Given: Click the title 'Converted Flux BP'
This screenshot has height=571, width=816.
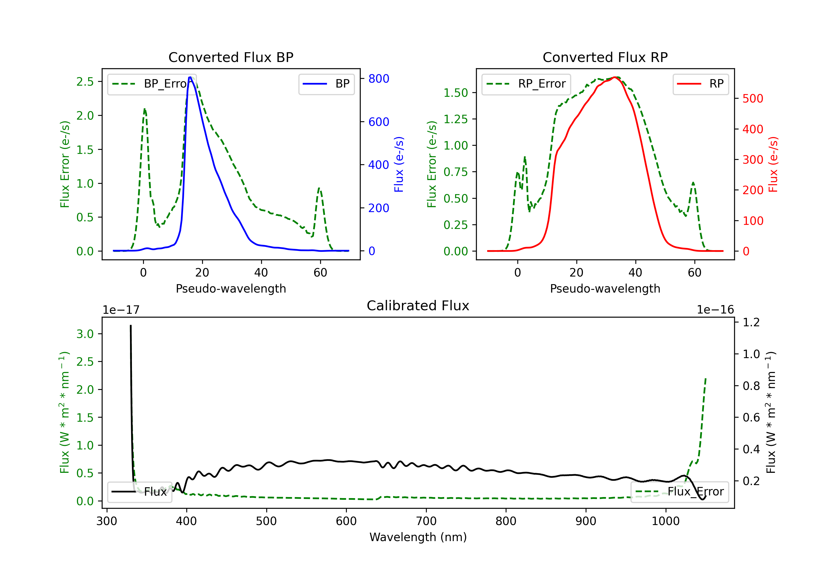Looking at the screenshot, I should pos(231,57).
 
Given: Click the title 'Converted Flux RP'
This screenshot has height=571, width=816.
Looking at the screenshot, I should pos(605,57).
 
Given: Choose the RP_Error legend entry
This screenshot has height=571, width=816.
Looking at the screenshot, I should pos(526,84).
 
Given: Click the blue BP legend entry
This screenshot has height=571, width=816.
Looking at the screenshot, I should pos(326,84).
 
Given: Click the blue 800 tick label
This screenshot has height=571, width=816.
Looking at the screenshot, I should pos(379,79).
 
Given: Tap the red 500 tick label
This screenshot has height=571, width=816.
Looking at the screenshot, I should pos(752,98).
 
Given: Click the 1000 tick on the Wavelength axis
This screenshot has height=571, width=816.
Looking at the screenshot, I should pos(665,521).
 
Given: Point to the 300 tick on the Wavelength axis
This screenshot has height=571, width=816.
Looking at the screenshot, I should pos(107,521).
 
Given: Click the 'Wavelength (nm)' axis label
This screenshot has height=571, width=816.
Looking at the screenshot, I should pos(418,537).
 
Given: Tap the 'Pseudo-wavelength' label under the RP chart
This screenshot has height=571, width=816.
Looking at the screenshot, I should pos(605,288).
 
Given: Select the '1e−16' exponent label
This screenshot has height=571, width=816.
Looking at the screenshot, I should pos(715,310).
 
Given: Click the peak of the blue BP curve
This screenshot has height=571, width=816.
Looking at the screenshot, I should pos(190,77).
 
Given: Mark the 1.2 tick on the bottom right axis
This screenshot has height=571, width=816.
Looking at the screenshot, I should pos(751,322).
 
